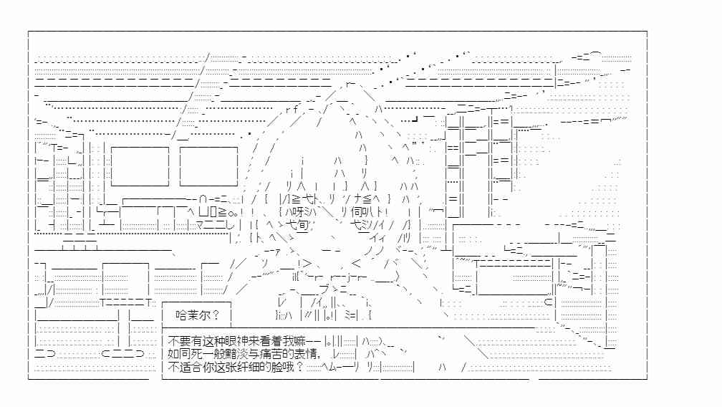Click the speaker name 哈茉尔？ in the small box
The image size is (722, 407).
click(x=197, y=315)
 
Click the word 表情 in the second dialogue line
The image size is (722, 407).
click(x=305, y=354)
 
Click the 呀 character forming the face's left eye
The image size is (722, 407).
click(x=297, y=212)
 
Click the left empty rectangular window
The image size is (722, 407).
click(x=140, y=166)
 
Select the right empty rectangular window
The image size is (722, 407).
click(x=208, y=166)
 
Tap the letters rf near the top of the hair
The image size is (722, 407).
click(x=292, y=110)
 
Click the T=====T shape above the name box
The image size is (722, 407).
click(x=126, y=302)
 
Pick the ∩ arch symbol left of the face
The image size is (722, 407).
click(x=203, y=199)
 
